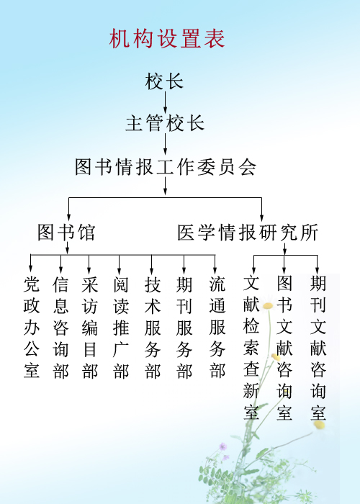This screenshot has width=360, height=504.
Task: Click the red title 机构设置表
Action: pos(167,39)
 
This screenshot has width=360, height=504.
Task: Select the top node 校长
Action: pos(164,81)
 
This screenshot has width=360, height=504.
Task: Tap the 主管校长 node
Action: pos(165,123)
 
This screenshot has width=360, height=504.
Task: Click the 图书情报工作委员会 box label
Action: pos(166,167)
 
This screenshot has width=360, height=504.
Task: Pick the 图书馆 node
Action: pos(66,232)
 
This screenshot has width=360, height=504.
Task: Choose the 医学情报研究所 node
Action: pos(248,232)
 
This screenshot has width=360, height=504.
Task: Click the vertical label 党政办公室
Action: pos(32,327)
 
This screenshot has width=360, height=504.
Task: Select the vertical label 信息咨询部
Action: pos(60,327)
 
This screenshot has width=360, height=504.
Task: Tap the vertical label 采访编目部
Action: pos(89,327)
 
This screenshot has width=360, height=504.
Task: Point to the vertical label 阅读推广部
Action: pos(121,327)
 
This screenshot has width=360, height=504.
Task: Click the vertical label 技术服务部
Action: pos(153,327)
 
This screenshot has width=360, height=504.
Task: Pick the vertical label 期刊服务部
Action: pos(184,327)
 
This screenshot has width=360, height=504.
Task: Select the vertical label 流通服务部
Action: pos(217,327)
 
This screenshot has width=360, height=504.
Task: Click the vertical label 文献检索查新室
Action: pos(251,348)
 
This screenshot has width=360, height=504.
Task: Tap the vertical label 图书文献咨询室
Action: pos(284,348)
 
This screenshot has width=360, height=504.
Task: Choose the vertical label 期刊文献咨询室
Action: pos(318,348)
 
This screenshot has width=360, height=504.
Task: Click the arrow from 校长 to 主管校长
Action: pos(165,102)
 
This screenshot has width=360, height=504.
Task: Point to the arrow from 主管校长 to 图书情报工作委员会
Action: pos(165,144)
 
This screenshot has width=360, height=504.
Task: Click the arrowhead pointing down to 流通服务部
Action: pos(215,270)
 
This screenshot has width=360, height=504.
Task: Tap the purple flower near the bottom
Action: pos(222,446)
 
